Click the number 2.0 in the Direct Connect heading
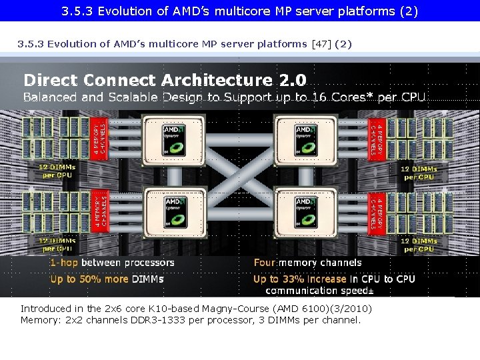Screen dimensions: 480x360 293,81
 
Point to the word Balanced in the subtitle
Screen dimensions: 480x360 50,97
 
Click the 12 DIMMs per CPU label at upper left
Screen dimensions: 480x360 57,171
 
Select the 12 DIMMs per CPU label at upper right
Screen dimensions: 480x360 419,173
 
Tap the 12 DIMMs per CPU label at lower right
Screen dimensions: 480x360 419,245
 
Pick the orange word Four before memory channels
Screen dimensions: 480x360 265,263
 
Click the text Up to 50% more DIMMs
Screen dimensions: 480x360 107,279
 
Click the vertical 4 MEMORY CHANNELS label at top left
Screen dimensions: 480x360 100,137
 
